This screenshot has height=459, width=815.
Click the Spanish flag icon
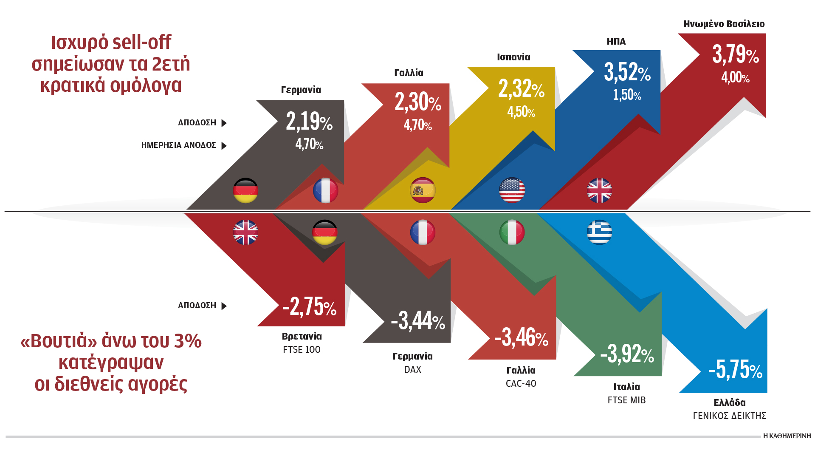click(x=423, y=190)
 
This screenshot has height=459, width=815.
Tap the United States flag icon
click(x=512, y=190)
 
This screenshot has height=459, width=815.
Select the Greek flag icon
click(x=599, y=232)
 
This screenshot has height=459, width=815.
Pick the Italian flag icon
click(x=512, y=232)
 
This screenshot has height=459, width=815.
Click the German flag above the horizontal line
click(x=245, y=190)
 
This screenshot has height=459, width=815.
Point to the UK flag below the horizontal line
click(x=245, y=232)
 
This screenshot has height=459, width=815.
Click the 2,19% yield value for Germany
click(x=309, y=122)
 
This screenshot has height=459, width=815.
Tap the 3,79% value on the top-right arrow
click(x=735, y=55)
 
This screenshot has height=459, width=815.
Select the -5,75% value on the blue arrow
click(x=735, y=369)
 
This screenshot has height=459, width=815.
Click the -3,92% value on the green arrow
click(x=627, y=354)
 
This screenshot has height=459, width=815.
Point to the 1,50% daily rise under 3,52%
click(x=627, y=95)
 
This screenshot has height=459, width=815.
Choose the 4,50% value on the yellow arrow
click(x=521, y=112)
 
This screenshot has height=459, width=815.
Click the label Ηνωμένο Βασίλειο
click(x=724, y=24)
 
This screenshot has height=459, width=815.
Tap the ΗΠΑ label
click(x=616, y=42)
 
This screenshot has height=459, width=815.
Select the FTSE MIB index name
click(x=626, y=400)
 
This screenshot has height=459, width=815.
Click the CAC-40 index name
click(x=521, y=384)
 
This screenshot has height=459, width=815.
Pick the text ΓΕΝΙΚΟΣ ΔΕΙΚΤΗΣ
click(x=729, y=416)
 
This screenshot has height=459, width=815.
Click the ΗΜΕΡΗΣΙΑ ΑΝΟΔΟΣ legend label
click(x=179, y=145)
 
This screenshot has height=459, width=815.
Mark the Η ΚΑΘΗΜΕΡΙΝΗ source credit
click(x=787, y=436)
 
